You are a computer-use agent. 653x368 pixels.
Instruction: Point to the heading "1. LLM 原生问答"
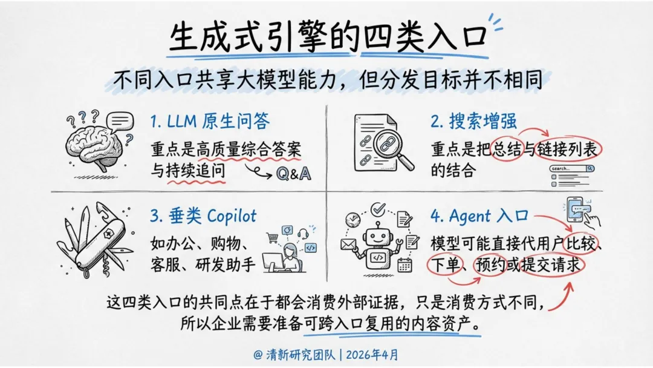210,122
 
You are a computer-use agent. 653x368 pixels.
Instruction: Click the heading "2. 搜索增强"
474,122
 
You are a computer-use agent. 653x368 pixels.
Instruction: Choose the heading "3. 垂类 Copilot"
203,216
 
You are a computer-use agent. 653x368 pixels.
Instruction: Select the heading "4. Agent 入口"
480,216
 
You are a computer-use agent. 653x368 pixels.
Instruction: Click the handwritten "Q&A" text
293,174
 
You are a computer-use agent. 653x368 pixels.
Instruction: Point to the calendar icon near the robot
404,263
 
